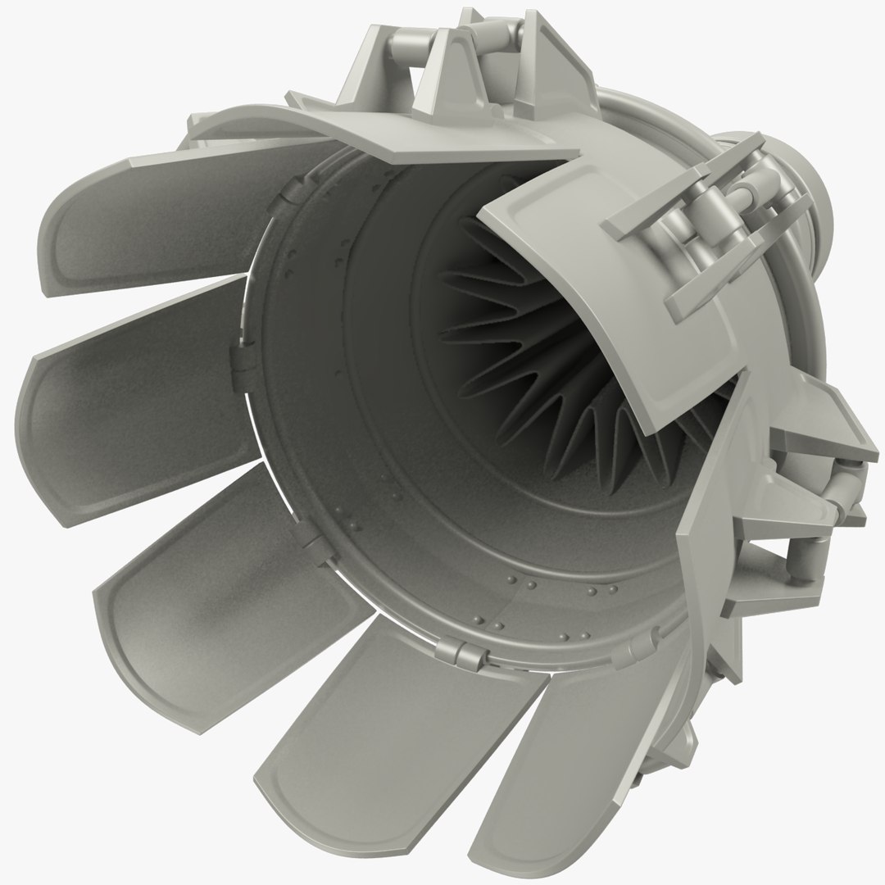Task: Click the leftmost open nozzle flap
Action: (123, 410)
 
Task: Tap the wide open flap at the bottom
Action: (369, 721)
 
